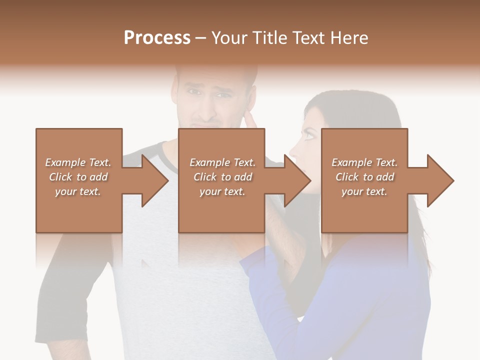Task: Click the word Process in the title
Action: point(157,37)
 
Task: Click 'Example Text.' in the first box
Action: point(78,162)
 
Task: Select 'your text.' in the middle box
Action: point(222,191)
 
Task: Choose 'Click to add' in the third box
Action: point(365,177)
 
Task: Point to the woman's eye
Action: point(310,134)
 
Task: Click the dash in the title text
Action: point(200,38)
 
